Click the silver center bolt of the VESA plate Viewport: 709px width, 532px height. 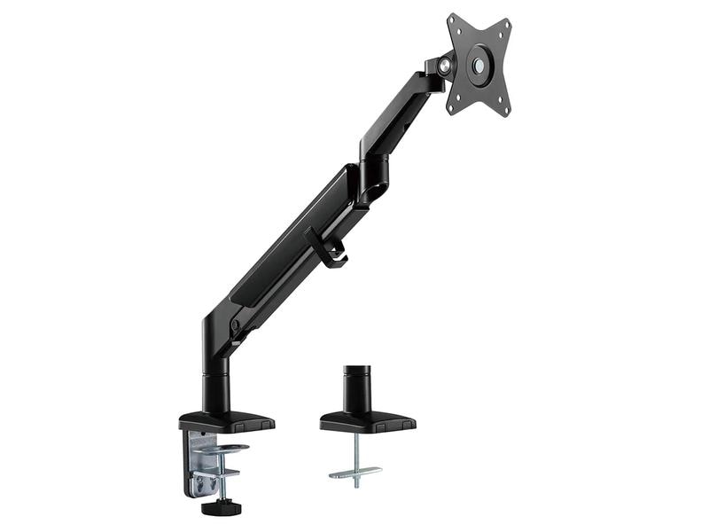pyautogui.click(x=479, y=65)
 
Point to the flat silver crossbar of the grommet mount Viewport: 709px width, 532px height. pyautogui.click(x=355, y=472)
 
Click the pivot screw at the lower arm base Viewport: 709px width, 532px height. pyautogui.click(x=236, y=325)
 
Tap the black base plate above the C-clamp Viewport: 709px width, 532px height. pyautogui.click(x=226, y=420)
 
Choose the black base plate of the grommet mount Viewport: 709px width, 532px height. pyautogui.click(x=367, y=422)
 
